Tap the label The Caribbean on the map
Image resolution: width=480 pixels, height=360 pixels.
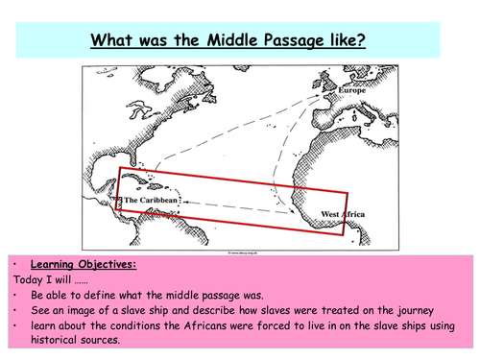(x=147, y=201)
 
